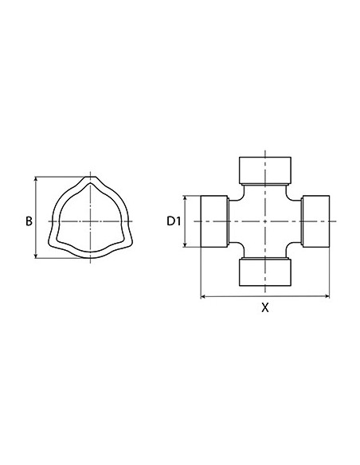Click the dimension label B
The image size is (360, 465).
(29, 221)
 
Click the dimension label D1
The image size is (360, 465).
(174, 221)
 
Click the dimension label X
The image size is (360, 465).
(265, 307)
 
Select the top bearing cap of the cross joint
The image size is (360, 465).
(265, 170)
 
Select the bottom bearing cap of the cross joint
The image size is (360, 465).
(265, 273)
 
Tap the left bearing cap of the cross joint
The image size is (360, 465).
(214, 221)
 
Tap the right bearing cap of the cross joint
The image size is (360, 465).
(316, 221)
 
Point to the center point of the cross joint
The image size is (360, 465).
(265, 221)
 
